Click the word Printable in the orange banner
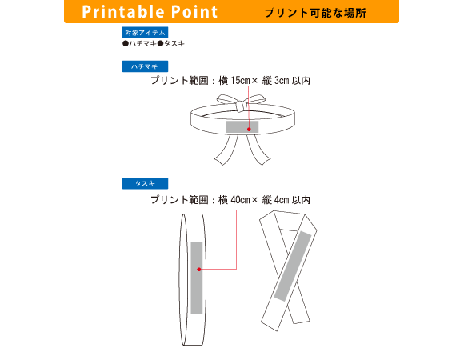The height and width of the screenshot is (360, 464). click(x=123, y=12)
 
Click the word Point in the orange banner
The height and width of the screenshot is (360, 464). click(x=194, y=12)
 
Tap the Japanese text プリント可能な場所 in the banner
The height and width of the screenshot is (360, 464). click(x=315, y=13)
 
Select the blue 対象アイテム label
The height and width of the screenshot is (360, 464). click(x=145, y=33)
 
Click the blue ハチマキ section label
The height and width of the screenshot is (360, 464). click(x=145, y=66)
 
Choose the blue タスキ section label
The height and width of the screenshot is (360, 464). click(x=145, y=183)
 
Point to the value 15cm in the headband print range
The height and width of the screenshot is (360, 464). click(x=240, y=81)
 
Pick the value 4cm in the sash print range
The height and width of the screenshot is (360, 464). click(x=282, y=200)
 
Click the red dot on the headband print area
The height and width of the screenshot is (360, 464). click(x=249, y=130)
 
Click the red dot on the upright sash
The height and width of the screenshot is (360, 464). click(x=199, y=269)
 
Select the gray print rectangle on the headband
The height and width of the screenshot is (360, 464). click(x=242, y=126)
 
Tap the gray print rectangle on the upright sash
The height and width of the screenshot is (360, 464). click(x=197, y=278)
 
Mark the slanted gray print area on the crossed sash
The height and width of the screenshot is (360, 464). click(x=293, y=266)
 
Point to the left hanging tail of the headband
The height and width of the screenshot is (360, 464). click(x=226, y=150)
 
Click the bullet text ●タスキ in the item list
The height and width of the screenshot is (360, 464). click(x=171, y=44)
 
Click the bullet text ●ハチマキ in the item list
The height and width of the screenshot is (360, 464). click(x=140, y=44)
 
